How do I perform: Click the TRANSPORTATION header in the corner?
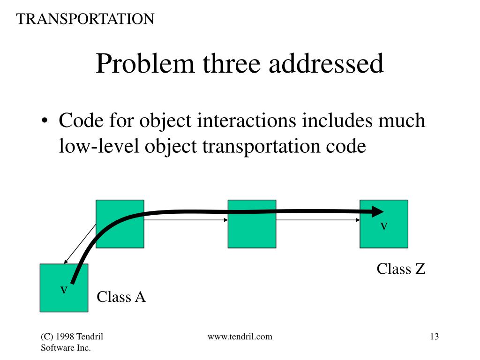click(x=85, y=19)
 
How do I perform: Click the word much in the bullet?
click(x=403, y=121)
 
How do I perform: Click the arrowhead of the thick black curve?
click(x=377, y=211)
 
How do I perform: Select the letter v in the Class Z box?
click(x=384, y=226)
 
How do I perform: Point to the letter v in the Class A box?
click(x=64, y=290)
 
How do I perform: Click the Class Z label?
click(x=401, y=269)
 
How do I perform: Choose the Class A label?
click(x=121, y=297)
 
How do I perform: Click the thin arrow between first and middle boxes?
click(x=187, y=219)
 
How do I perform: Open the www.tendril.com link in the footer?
click(x=240, y=337)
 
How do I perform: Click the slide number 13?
click(x=434, y=337)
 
